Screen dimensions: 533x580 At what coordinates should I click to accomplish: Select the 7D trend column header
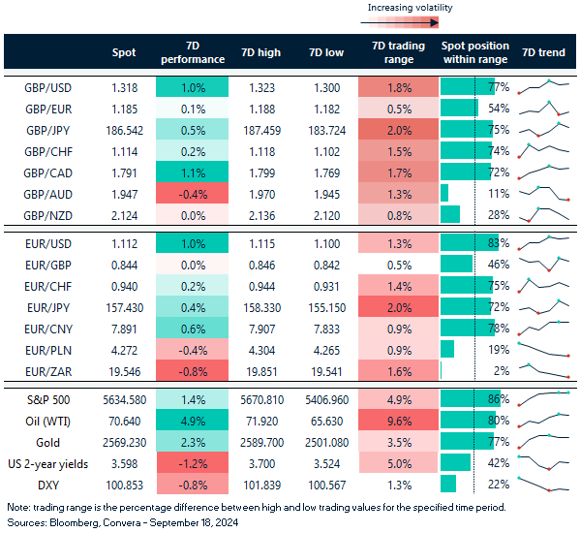click(543, 52)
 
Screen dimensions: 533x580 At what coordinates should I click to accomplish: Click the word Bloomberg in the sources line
click(73, 522)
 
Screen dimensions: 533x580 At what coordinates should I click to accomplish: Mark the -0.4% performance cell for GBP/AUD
click(191, 193)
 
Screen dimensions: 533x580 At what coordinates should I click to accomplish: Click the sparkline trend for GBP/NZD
click(543, 214)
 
